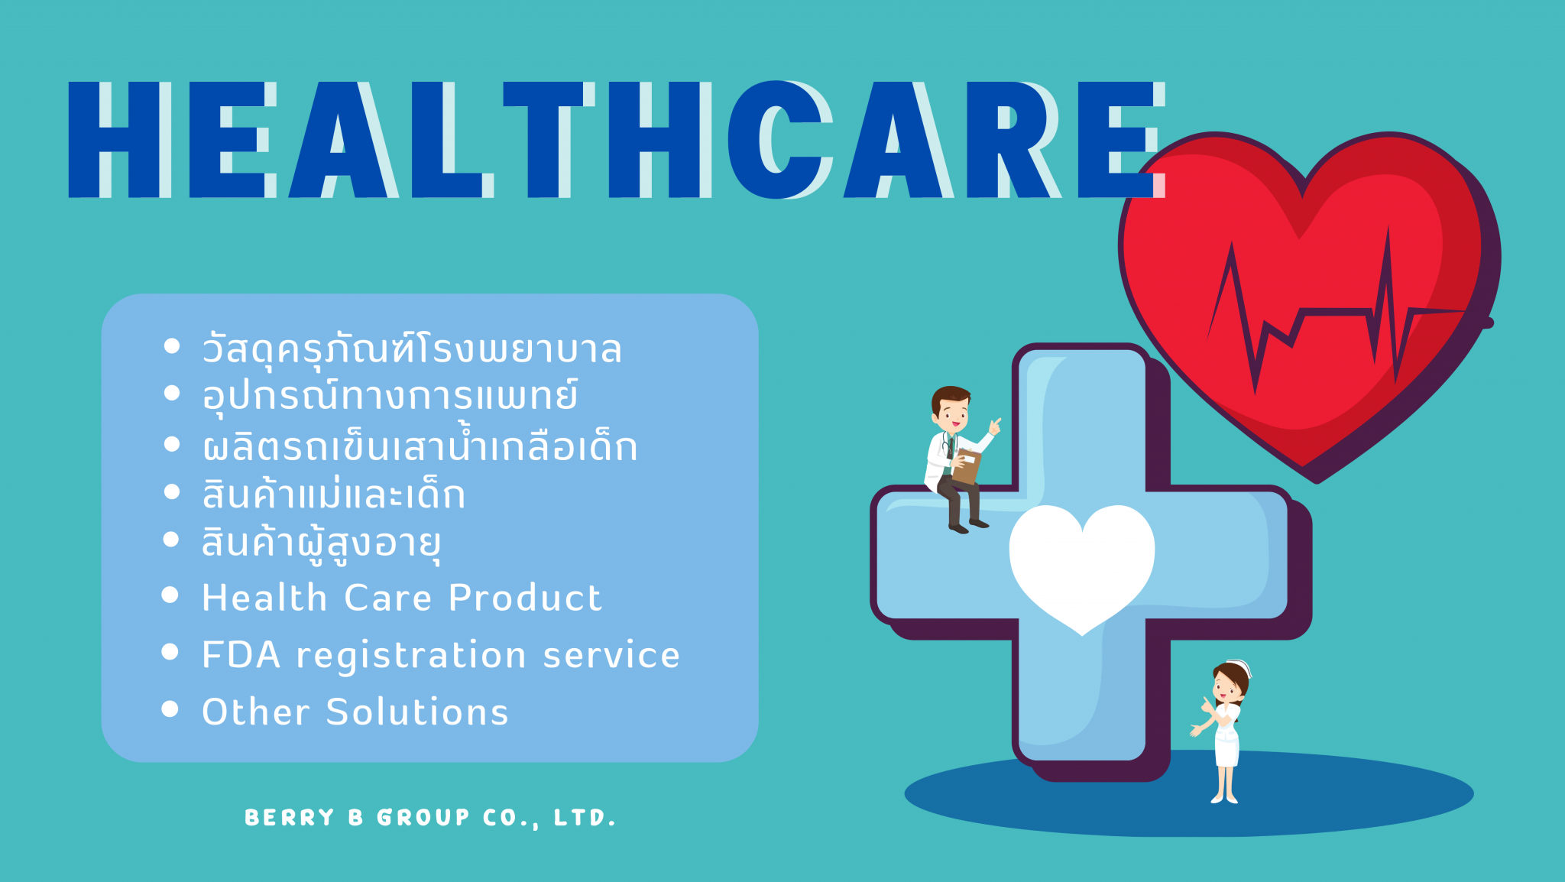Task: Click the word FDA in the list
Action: (x=241, y=655)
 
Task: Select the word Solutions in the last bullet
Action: (x=417, y=712)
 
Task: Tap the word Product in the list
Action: (x=525, y=598)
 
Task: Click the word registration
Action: (x=411, y=656)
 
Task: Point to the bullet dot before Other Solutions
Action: (x=170, y=709)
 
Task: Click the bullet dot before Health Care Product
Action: (x=170, y=595)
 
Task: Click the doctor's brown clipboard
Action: (x=967, y=466)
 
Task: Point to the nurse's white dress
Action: (x=1227, y=738)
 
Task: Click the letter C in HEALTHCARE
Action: (x=779, y=140)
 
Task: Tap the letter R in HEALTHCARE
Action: (x=1013, y=140)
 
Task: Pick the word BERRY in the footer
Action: (x=289, y=818)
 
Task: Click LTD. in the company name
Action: (x=585, y=818)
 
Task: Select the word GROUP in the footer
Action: (x=423, y=818)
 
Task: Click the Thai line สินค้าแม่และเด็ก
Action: (x=333, y=495)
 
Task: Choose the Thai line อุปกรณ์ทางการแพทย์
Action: (x=390, y=396)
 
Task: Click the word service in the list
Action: (x=611, y=656)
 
